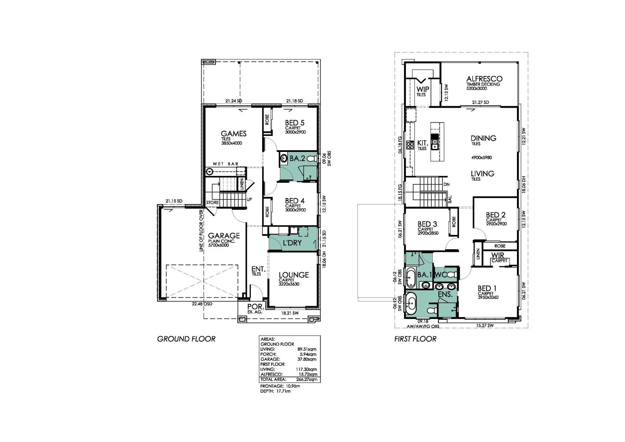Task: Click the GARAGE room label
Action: point(223,236)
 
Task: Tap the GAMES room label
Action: point(234,134)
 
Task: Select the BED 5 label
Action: point(295,123)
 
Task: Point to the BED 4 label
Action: point(295,201)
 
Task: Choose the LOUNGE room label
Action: point(293,275)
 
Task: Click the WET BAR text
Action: point(225,164)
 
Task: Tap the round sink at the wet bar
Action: point(210,172)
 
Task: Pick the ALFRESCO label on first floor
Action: point(484,79)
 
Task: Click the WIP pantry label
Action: point(423,89)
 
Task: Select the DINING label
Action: point(483,138)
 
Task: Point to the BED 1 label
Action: point(487,288)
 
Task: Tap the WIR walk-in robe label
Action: point(497,255)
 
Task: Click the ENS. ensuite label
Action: point(445,294)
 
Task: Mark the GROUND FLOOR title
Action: point(186,339)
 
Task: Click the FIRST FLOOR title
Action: point(415,339)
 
